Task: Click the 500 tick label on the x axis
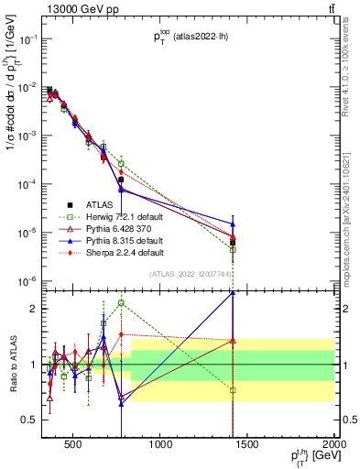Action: click(x=73, y=446)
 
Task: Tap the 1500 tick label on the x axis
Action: click(x=247, y=446)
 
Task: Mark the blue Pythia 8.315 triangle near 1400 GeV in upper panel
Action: click(x=233, y=224)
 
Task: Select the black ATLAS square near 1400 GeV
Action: click(x=233, y=243)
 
